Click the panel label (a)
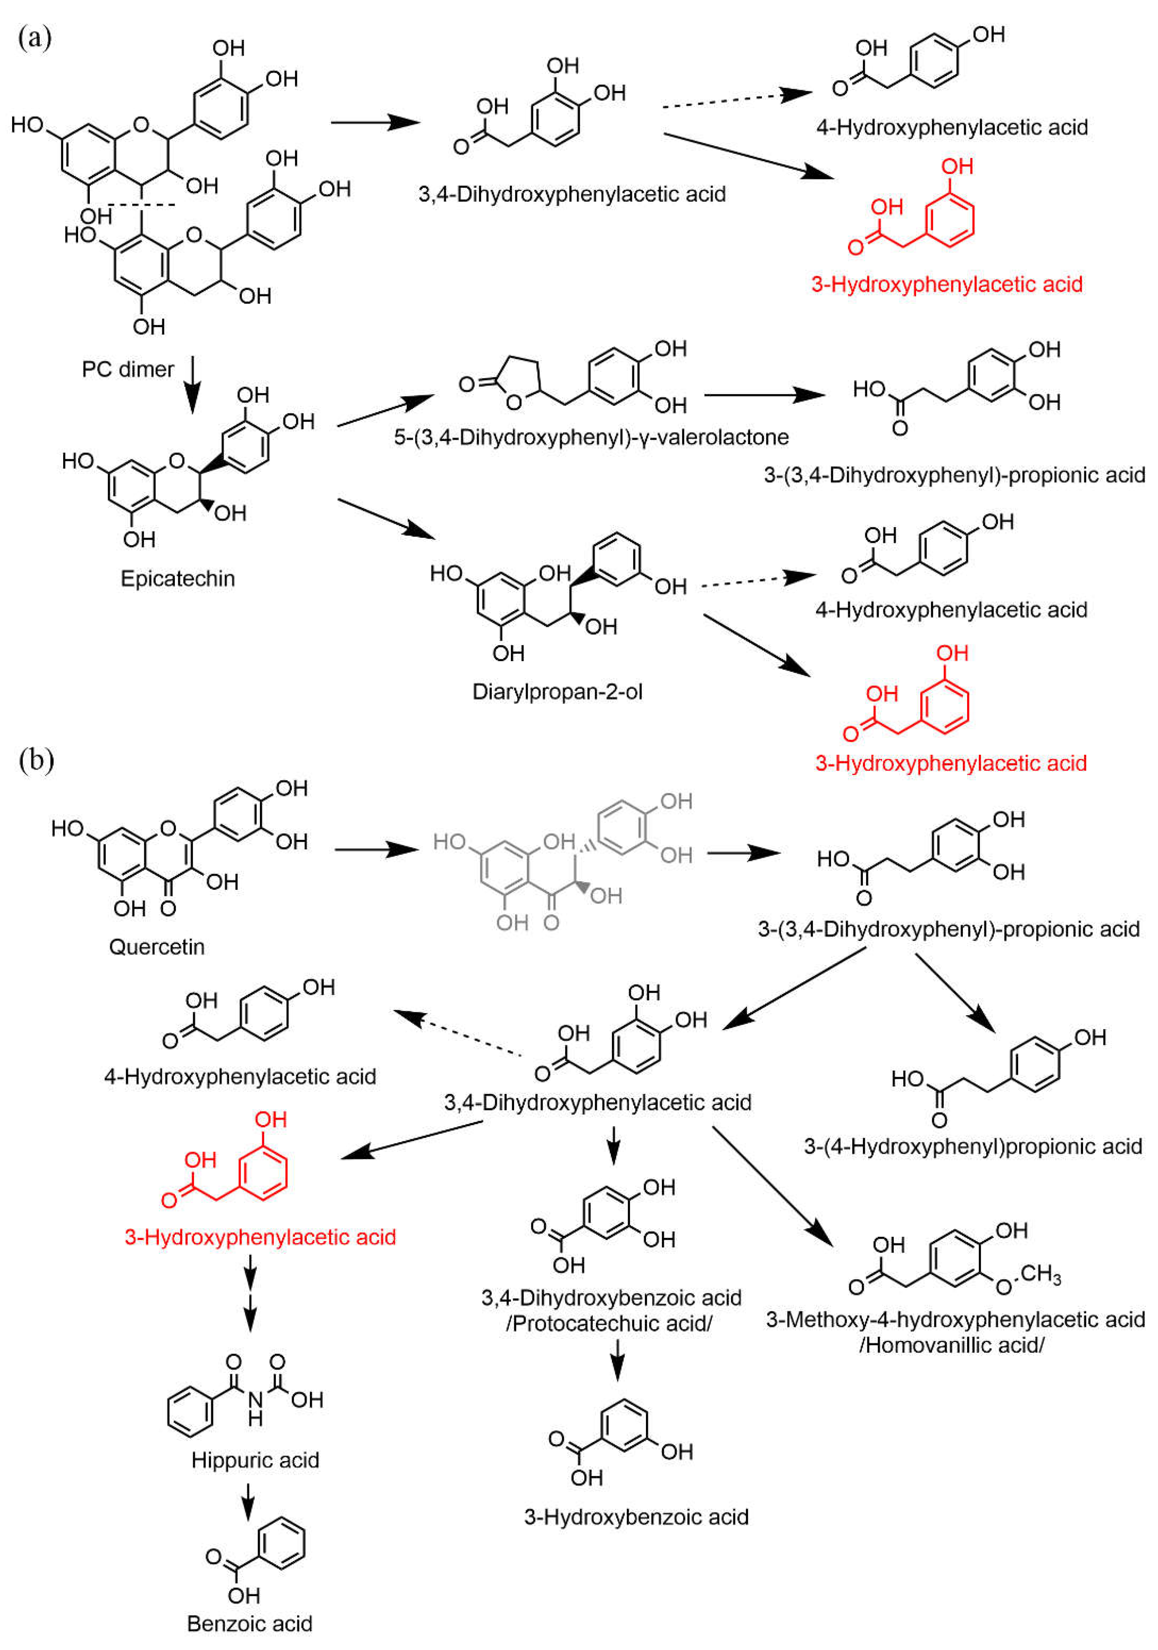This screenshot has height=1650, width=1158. click(34, 37)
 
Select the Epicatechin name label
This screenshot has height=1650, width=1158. click(178, 578)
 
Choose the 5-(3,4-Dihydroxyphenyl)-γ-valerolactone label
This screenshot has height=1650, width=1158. click(591, 437)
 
